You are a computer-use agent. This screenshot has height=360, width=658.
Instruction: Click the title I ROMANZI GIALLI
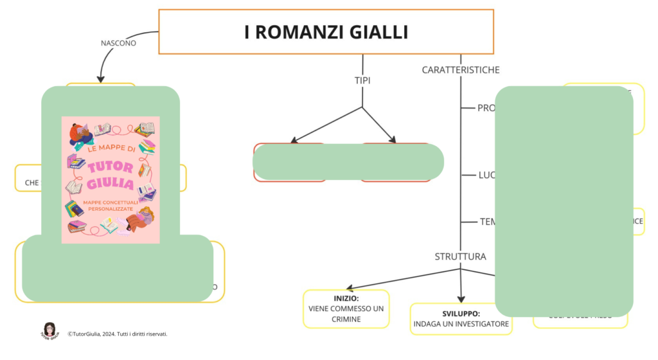coord(326,32)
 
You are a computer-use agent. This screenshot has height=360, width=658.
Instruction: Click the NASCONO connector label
coord(119,44)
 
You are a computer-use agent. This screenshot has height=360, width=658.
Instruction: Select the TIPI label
coord(362,80)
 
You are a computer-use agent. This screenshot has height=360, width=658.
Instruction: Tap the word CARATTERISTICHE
coord(460,69)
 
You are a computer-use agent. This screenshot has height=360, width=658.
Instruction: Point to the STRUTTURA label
coord(460,256)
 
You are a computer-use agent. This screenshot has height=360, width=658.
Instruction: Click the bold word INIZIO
coord(346,299)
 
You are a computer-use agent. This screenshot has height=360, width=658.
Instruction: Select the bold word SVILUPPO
coord(461,313)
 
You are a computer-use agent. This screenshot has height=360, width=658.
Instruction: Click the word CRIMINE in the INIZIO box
coord(346,319)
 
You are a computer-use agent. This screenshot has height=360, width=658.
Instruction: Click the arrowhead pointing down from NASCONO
coord(101,78)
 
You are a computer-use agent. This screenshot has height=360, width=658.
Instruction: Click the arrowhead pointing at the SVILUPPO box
coord(461,298)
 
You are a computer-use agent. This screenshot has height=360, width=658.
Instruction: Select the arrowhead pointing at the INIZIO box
coord(348,288)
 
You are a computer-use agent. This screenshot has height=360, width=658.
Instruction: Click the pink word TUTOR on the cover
coord(110,167)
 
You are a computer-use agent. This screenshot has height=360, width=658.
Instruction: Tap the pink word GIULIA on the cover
coord(110,184)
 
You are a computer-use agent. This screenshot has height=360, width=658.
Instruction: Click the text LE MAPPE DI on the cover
coord(110,149)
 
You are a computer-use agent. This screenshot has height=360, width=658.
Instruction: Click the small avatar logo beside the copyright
coord(49,330)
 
